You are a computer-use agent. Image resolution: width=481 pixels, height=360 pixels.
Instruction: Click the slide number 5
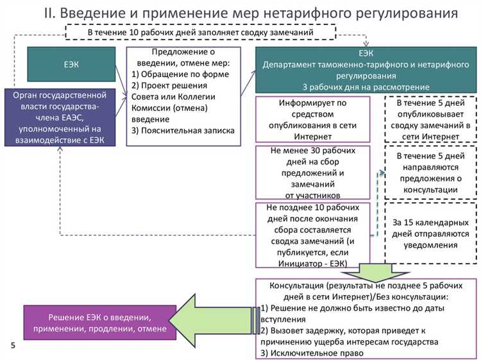pyautogui.click(x=13, y=345)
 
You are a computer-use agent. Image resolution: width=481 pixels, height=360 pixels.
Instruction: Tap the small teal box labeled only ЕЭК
pyautogui.click(x=71, y=64)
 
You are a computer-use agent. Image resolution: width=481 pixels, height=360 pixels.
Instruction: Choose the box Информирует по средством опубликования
pyautogui.click(x=312, y=119)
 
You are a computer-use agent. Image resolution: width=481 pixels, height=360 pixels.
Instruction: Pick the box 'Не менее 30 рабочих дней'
pyautogui.click(x=312, y=173)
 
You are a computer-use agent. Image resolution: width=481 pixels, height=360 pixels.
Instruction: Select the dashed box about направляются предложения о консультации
pyautogui.click(x=430, y=173)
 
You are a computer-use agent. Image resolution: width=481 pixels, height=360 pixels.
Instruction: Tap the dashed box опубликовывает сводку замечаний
pyautogui.click(x=430, y=119)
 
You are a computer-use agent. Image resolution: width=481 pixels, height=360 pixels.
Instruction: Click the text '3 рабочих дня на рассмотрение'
pyautogui.click(x=366, y=85)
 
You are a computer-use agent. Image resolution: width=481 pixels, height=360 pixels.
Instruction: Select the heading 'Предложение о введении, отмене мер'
pyautogui.click(x=180, y=57)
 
